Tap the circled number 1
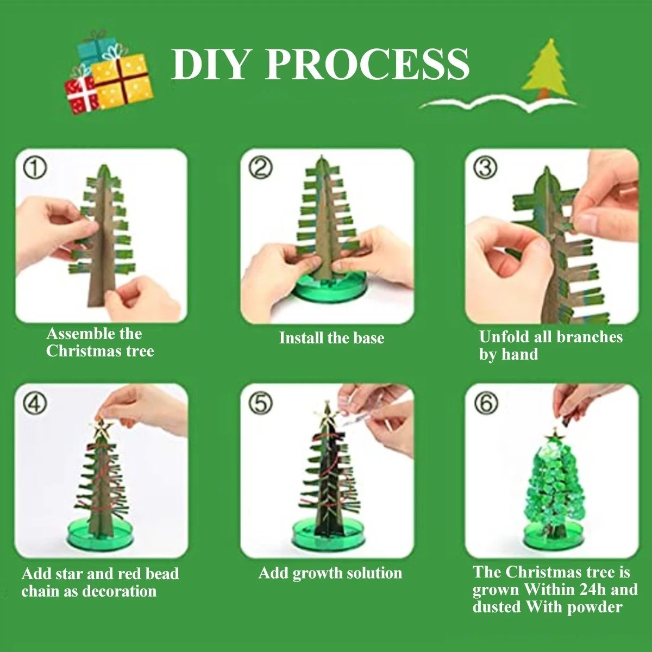tap(34, 168)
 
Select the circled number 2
tap(260, 168)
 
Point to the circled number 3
tap(485, 168)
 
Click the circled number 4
tap(34, 403)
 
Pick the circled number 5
tap(260, 403)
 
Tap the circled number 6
tap(485, 403)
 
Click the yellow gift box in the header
tap(122, 81)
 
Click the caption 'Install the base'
tap(331, 338)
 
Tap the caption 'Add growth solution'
tap(330, 573)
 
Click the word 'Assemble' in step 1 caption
tap(77, 334)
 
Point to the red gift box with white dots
tap(81, 93)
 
